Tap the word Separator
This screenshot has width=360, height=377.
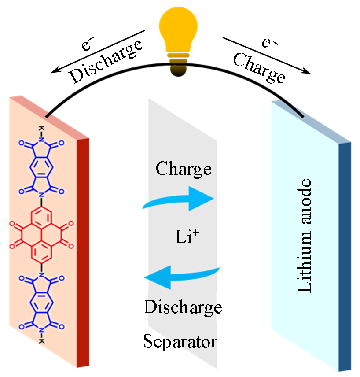point(180,342)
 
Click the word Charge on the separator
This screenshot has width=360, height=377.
point(184,168)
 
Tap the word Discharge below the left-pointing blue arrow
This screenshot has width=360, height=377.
point(183,307)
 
